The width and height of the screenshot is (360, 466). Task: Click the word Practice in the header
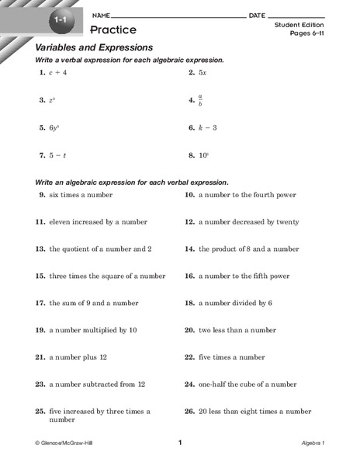(x=112, y=30)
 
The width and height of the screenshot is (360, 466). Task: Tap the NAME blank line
(x=178, y=16)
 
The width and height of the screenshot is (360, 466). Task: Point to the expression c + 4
(x=58, y=72)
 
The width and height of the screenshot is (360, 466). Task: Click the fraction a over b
(x=201, y=100)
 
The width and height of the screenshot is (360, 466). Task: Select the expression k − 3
(x=208, y=127)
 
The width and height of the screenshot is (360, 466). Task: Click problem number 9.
(x=42, y=195)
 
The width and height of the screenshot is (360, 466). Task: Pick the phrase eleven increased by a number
(x=93, y=221)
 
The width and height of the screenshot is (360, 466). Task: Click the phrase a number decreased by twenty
(x=248, y=221)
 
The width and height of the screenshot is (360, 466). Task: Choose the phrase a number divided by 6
(x=235, y=303)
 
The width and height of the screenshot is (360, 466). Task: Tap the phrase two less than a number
(x=237, y=330)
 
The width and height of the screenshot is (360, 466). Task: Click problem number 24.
(x=189, y=384)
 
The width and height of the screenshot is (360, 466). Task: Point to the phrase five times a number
(x=231, y=357)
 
